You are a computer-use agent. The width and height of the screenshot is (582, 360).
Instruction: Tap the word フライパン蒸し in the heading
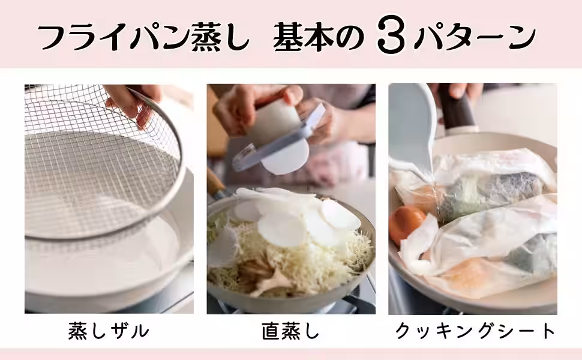143,37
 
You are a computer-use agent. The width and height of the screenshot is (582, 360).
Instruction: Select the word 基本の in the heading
319,37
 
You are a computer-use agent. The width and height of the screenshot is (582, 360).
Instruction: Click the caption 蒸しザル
109,331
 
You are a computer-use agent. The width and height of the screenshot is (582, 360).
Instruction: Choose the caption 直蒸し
290,331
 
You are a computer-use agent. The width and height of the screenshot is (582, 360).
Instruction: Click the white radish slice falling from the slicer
286,157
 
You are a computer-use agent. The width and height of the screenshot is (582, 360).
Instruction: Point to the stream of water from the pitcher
435,193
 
